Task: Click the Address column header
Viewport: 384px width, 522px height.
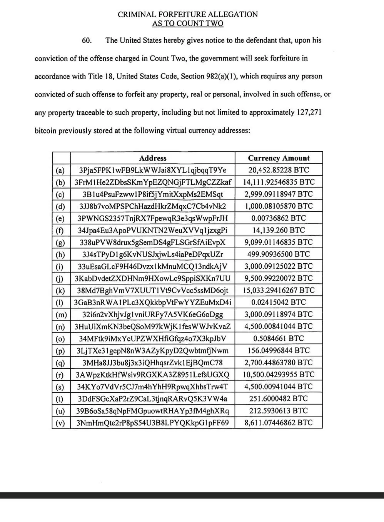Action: pos(153,158)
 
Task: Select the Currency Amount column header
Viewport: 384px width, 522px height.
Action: pos(279,158)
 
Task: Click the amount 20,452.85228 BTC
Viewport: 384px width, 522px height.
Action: pos(279,170)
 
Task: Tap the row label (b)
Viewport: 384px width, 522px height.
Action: pos(60,182)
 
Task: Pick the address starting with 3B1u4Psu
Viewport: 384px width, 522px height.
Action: pos(153,194)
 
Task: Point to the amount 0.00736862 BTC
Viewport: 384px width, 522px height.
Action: pos(279,218)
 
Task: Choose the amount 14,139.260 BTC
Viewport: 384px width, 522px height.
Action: pos(279,230)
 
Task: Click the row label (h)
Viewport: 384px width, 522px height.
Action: pos(60,254)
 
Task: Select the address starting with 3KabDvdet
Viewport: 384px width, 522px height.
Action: pos(153,278)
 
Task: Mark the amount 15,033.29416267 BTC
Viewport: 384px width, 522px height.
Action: pos(279,290)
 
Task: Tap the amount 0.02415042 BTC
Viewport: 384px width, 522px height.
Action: pos(279,302)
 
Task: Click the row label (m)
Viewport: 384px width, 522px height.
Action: pos(61,315)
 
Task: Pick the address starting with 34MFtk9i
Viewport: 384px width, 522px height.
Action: pos(153,339)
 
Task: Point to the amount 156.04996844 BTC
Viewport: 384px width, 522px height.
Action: pos(279,351)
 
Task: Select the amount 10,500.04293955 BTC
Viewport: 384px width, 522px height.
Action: pos(279,375)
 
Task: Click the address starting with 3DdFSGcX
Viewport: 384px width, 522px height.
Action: pos(153,399)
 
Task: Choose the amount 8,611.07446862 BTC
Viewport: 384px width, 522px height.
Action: pos(279,423)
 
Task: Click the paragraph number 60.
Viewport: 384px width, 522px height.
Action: pos(87,40)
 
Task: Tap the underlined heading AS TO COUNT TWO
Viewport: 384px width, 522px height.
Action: pos(188,23)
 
